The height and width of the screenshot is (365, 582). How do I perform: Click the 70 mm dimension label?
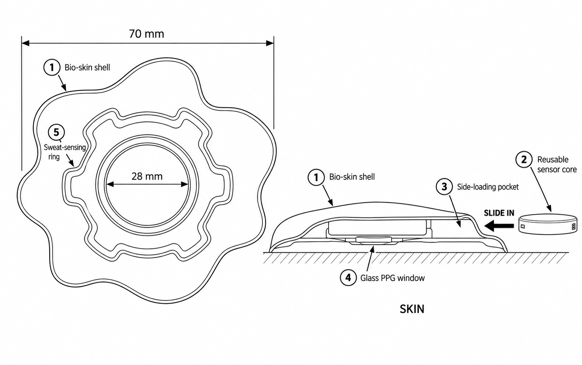point(147,34)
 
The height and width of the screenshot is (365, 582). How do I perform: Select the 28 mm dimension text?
point(147,176)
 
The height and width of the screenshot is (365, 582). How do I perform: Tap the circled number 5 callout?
point(56,132)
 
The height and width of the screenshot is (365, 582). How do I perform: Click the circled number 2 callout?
point(524,160)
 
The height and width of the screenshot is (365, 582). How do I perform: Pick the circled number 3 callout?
point(444,186)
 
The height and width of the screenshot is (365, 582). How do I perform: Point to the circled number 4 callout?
point(348,278)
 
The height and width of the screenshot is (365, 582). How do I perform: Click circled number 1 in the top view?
point(52,67)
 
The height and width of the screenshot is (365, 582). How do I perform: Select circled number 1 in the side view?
point(316,177)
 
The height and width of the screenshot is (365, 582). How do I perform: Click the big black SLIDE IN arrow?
point(499,226)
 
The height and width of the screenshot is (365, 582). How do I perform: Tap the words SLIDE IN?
point(499,213)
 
